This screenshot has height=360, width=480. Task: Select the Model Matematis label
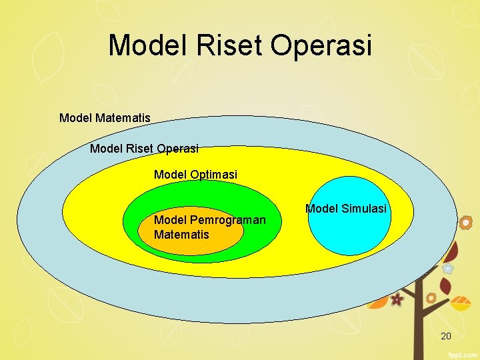click(105, 118)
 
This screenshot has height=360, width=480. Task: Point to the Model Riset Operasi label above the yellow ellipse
click(144, 148)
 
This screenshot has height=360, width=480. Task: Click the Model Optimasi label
click(195, 175)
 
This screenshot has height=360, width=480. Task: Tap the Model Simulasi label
click(345, 209)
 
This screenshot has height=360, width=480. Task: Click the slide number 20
click(446, 336)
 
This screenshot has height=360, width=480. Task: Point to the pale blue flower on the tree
click(448, 269)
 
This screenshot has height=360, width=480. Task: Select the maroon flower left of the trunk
click(397, 299)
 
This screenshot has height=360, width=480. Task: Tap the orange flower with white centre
click(467, 221)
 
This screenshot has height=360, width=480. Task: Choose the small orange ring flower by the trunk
click(431, 298)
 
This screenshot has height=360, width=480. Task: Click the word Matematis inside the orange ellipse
click(181, 235)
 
